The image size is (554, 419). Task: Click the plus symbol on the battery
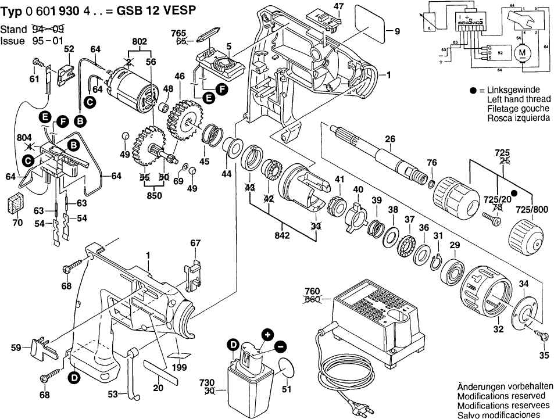click(x=267, y=335)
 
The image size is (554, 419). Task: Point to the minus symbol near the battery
click(x=280, y=347)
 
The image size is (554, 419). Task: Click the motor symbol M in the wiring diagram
click(x=521, y=54)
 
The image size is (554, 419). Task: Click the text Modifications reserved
click(x=499, y=396)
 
